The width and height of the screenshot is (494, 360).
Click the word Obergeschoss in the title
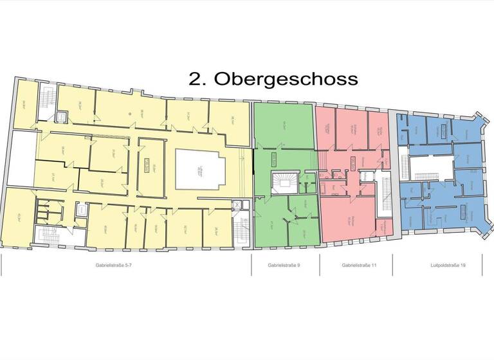(x=286, y=79)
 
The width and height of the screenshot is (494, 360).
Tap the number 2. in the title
(x=198, y=79)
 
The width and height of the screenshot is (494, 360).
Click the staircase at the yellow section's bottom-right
(x=243, y=231)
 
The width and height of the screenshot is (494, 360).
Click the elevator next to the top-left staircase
(x=62, y=116)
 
